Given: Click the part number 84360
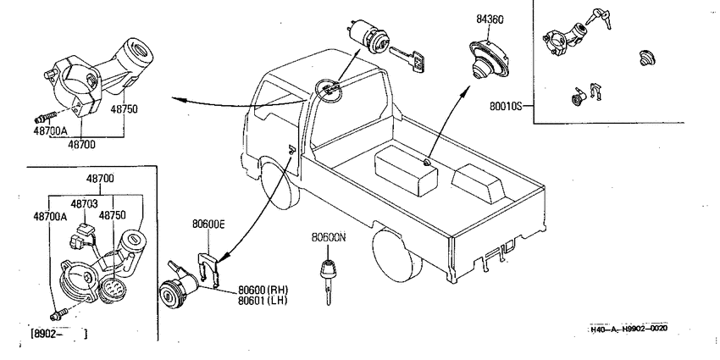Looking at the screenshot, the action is click(490, 19).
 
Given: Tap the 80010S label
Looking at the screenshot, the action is click(506, 106).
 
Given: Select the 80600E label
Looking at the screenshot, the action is click(208, 224).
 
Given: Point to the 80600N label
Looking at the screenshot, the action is click(328, 237).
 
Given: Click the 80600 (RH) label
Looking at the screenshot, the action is click(263, 291).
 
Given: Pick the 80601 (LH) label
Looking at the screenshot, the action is click(263, 301).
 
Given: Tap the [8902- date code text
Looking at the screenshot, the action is click(47, 334).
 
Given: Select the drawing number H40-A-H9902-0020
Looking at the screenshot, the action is click(629, 329).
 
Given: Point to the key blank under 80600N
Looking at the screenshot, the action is click(329, 280).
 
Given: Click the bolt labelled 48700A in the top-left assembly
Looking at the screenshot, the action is click(46, 116).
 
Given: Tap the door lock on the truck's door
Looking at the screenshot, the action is click(291, 147).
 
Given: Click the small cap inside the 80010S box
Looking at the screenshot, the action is click(647, 58).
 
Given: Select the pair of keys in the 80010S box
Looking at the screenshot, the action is click(601, 18).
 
